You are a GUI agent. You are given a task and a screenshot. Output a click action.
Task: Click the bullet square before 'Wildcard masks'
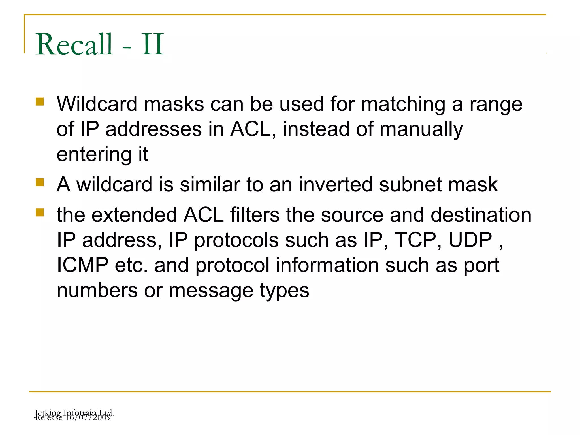(40, 102)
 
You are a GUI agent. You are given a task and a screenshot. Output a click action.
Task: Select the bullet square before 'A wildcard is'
(40, 182)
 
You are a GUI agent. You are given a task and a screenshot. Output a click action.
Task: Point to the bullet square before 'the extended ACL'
(40, 212)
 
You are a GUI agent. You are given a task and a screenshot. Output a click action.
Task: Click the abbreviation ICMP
(82, 265)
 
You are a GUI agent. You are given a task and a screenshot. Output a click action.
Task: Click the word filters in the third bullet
(255, 215)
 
